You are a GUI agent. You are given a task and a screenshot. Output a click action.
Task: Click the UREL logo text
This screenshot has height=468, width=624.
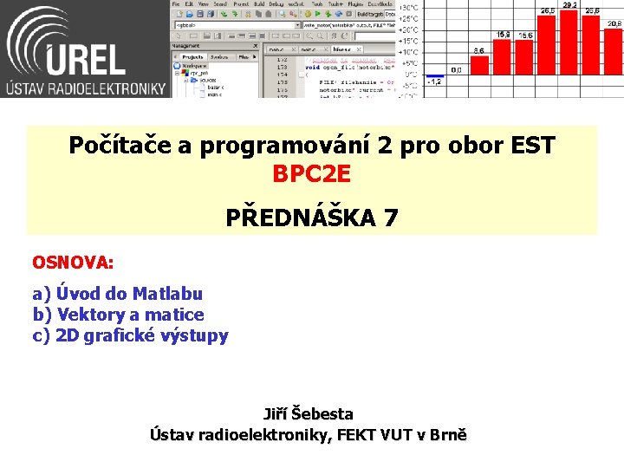pyautogui.click(x=87, y=52)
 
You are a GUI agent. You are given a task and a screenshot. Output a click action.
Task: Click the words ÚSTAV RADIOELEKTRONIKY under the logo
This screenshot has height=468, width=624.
pyautogui.click(x=85, y=88)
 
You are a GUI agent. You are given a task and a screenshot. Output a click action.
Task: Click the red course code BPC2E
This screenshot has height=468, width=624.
pyautogui.click(x=312, y=174)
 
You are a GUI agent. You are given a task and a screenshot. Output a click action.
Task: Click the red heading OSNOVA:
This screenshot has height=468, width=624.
pyautogui.click(x=73, y=261)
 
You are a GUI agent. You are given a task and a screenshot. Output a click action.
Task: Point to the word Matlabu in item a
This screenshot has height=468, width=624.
pyautogui.click(x=167, y=294)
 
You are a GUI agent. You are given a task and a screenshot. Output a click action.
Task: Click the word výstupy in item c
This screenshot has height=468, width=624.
pyautogui.click(x=198, y=335)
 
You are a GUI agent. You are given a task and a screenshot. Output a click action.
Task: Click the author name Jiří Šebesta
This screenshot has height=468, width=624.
pyautogui.click(x=309, y=414)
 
